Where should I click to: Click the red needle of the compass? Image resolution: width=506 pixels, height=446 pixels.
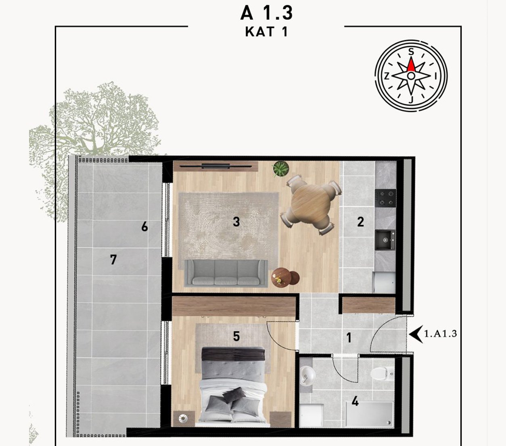[411, 65]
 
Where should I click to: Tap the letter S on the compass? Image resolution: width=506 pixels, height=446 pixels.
[411, 52]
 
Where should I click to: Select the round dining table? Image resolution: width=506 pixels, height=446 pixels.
[311, 205]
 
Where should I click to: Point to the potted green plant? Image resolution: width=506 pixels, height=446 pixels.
[281, 169]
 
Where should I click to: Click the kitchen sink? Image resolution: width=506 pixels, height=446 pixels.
[385, 240]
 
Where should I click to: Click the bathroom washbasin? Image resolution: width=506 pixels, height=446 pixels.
[307, 375]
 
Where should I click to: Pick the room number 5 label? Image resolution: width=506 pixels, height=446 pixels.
[236, 336]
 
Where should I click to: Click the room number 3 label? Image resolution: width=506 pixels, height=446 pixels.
[236, 222]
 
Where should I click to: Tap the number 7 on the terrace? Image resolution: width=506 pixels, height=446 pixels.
[113, 260]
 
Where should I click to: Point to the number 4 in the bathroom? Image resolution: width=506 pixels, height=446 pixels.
[355, 402]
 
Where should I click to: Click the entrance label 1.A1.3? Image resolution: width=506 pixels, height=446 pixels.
[440, 333]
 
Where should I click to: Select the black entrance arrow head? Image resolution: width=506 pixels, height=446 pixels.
[416, 334]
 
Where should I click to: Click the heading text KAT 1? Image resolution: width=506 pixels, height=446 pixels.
[266, 32]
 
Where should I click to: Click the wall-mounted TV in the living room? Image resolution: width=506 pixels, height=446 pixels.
[216, 166]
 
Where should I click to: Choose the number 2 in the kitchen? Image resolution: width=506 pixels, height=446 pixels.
[360, 222]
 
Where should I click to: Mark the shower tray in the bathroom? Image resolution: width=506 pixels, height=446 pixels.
[369, 414]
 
